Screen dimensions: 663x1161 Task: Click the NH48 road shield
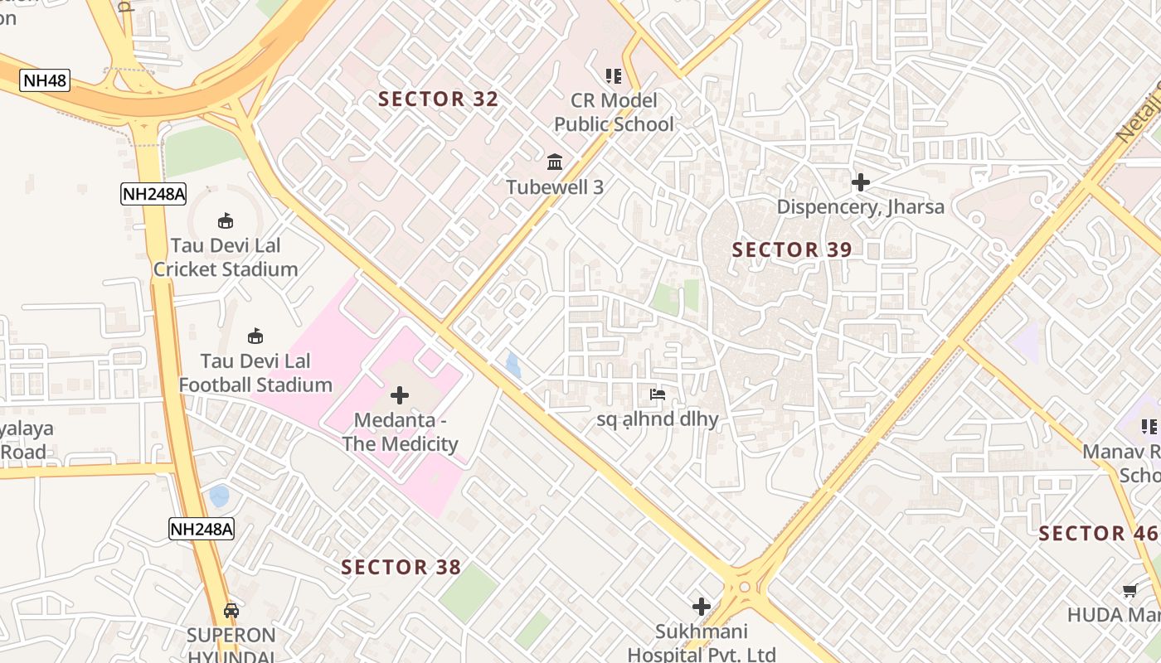pos(45,80)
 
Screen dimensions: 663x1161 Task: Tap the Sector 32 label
pos(438,99)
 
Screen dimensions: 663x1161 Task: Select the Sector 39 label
pos(792,249)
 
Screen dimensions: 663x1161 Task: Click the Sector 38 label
pos(401,567)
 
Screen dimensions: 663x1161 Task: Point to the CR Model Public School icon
pos(614,76)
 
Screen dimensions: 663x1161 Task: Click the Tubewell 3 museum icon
pos(555,161)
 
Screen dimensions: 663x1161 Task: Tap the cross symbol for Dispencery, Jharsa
pos(861,181)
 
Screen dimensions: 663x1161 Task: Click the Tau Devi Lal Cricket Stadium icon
pos(225,220)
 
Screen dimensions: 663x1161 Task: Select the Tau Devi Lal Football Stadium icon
pos(255,336)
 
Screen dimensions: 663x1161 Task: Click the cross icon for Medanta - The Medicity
pos(400,395)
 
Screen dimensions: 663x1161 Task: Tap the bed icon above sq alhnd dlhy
pos(658,394)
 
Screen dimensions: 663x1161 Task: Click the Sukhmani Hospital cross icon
pos(702,607)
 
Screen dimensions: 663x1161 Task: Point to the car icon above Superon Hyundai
pos(231,611)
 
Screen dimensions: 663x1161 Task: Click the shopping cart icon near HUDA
pos(1129,591)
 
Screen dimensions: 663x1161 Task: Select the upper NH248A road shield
pos(153,194)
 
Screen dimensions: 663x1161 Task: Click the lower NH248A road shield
pos(202,529)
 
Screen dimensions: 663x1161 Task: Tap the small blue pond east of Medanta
pos(513,365)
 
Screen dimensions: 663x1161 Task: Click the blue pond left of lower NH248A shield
pos(219,496)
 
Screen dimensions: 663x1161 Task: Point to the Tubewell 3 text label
pos(555,187)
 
